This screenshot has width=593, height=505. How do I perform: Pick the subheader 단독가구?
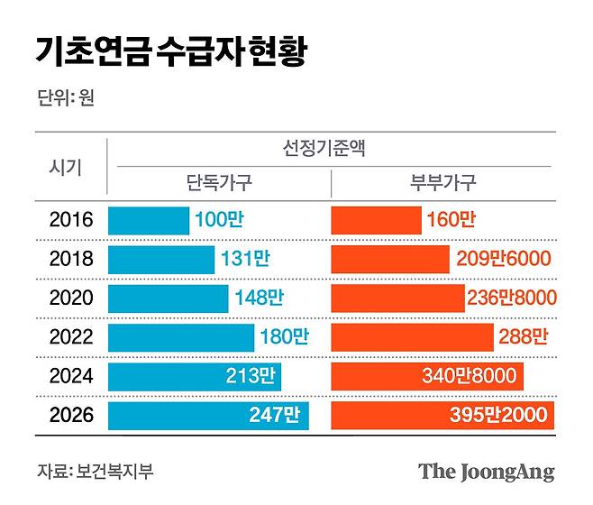click(x=218, y=183)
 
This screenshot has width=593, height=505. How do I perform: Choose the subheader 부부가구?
click(x=442, y=183)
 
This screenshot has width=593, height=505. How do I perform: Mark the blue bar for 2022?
click(x=180, y=337)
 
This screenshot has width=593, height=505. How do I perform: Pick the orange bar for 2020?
click(x=397, y=298)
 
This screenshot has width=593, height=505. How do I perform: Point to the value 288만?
click(x=523, y=337)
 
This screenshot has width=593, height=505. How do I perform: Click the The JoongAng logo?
click(x=486, y=472)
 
